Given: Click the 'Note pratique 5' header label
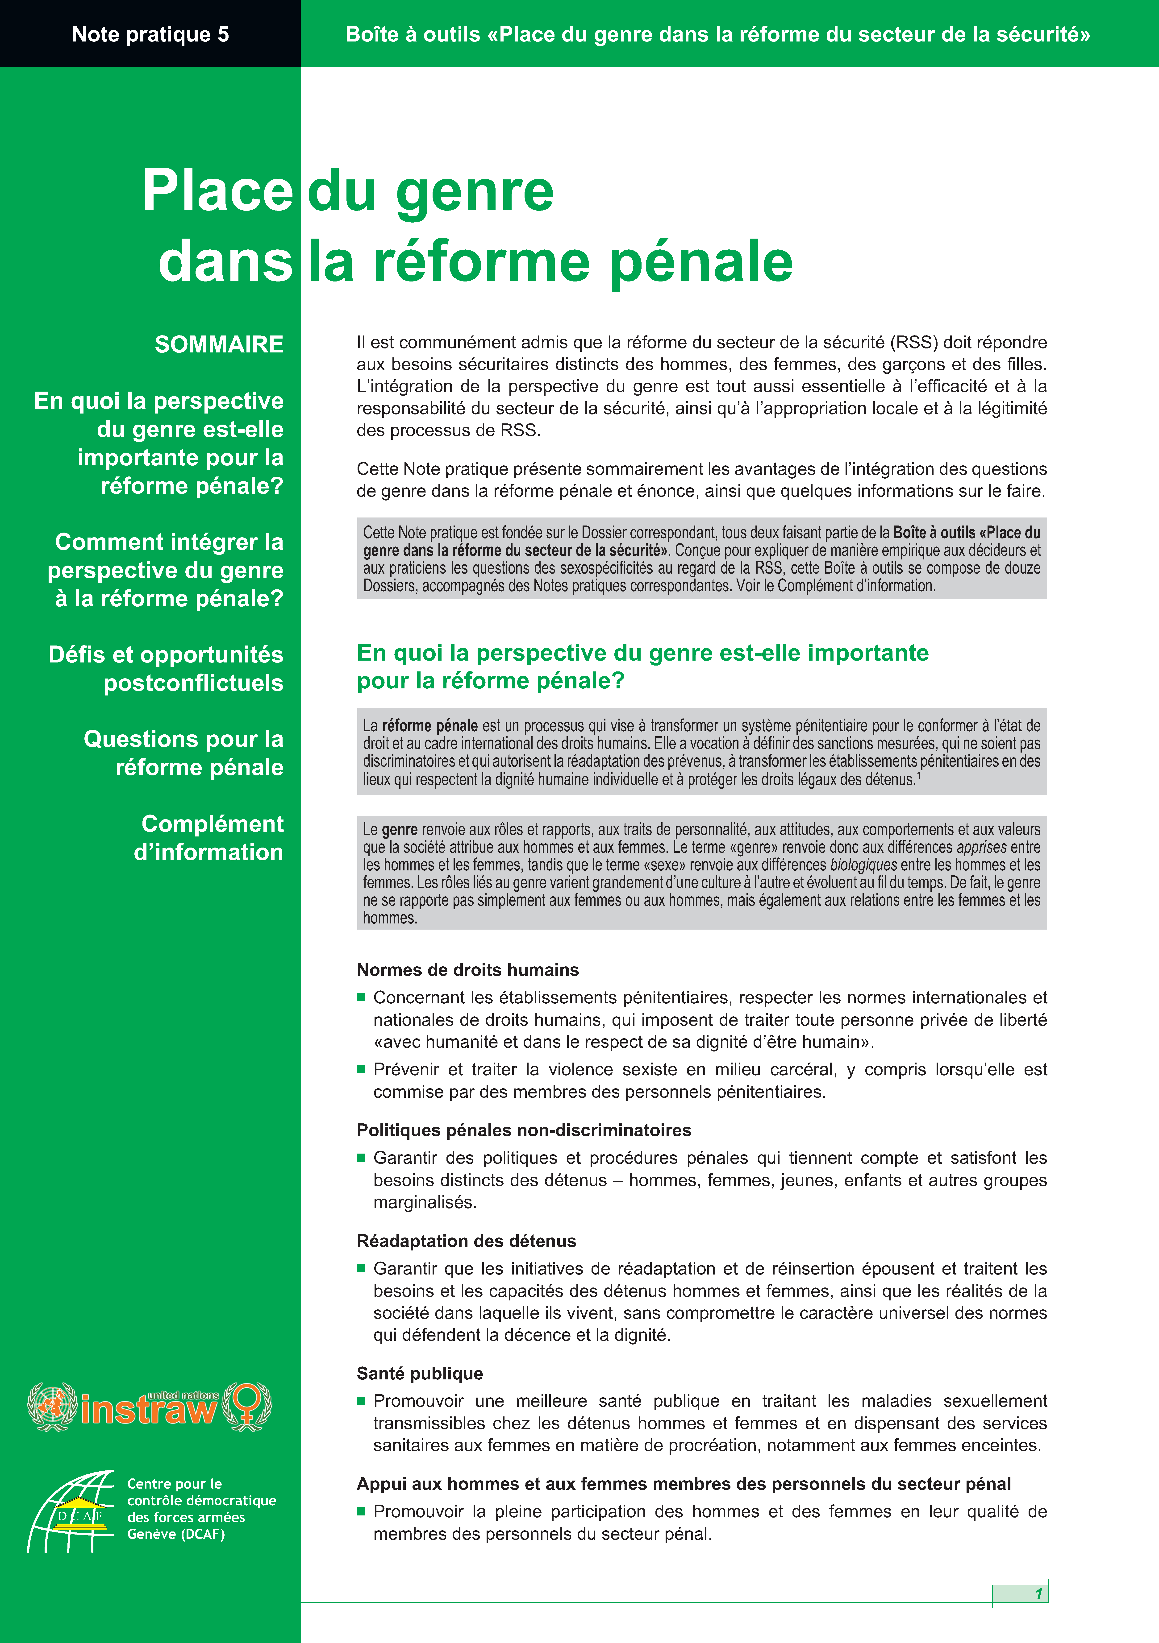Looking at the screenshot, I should [x=150, y=34].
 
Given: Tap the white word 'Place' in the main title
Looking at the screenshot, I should [x=217, y=191].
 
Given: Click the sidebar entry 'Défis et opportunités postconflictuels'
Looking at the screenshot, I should [x=166, y=668].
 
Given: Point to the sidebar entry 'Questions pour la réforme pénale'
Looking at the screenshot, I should [x=184, y=753].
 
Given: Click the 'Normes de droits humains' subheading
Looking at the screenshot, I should [x=467, y=970].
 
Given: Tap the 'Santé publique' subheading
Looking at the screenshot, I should [x=420, y=1373].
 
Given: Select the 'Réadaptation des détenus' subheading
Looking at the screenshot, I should [x=466, y=1241].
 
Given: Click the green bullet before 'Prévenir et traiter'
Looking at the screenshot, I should [x=362, y=1069].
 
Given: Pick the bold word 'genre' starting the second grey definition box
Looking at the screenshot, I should [x=400, y=829].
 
